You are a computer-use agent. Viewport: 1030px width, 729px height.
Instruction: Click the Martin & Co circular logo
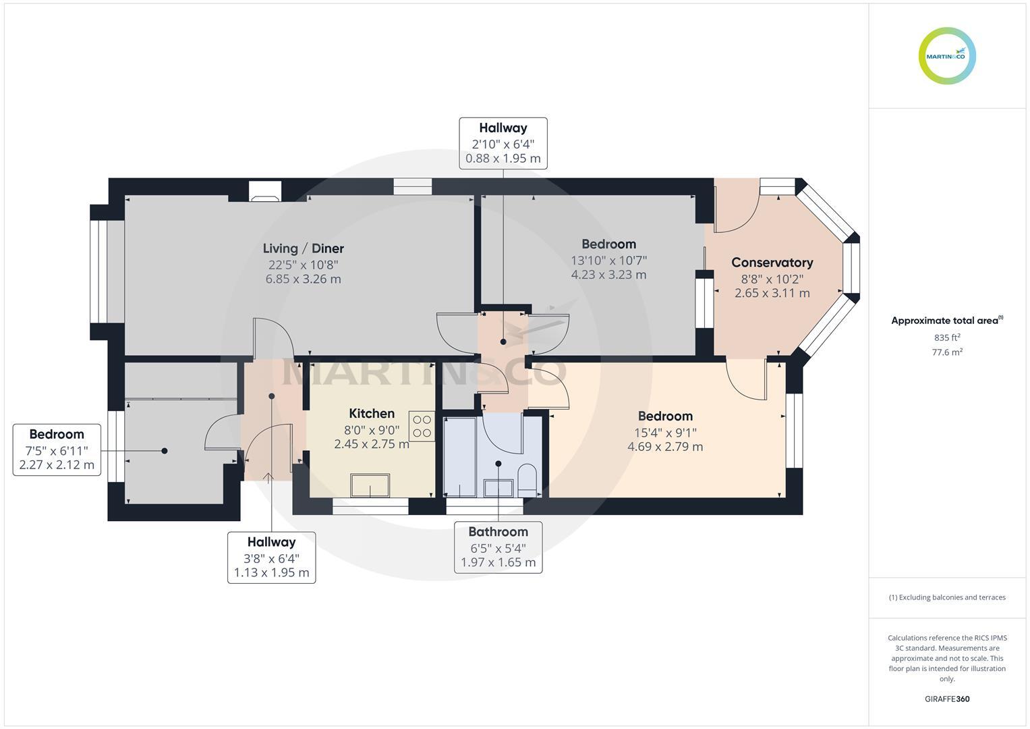(x=947, y=56)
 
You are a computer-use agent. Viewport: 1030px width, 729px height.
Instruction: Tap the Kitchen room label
(x=372, y=414)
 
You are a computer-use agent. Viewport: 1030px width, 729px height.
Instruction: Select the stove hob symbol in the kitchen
(x=422, y=426)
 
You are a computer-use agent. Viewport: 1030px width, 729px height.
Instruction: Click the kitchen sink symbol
(x=370, y=485)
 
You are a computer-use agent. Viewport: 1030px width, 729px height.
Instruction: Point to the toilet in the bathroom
(x=527, y=477)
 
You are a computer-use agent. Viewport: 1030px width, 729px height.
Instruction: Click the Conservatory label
(x=772, y=263)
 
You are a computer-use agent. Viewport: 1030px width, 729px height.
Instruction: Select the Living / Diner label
(x=304, y=248)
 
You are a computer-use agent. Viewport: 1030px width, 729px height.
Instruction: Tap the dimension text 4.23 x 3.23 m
(x=608, y=275)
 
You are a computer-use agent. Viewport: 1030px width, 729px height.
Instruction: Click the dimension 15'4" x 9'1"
(x=665, y=433)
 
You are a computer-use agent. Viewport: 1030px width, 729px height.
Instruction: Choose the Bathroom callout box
(x=498, y=547)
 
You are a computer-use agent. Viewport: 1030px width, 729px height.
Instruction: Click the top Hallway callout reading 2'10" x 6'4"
(x=503, y=143)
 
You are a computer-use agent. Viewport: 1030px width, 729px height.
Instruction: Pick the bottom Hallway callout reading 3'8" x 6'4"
(x=271, y=558)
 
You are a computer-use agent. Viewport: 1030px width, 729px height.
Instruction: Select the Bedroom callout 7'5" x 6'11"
(x=57, y=450)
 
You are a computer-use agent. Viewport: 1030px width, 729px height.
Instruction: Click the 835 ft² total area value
(x=947, y=337)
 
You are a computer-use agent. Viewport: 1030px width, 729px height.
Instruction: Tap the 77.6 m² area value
(x=947, y=352)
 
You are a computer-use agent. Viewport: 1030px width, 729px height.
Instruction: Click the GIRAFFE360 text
(x=947, y=699)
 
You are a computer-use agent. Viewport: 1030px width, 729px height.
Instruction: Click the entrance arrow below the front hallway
(x=268, y=478)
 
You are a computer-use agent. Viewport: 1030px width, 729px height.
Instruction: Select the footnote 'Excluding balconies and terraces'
(x=947, y=597)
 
